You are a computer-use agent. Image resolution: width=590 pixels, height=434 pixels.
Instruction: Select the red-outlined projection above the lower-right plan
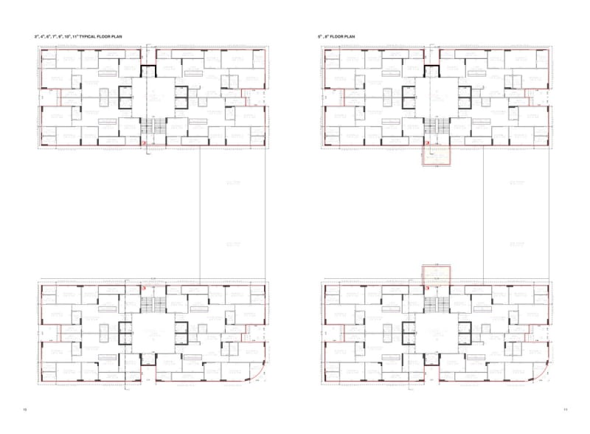[436, 273]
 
